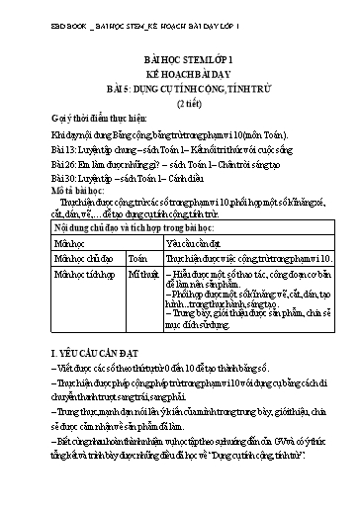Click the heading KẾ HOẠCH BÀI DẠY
click(x=180, y=74)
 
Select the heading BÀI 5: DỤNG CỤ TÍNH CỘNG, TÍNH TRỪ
click(x=180, y=88)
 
